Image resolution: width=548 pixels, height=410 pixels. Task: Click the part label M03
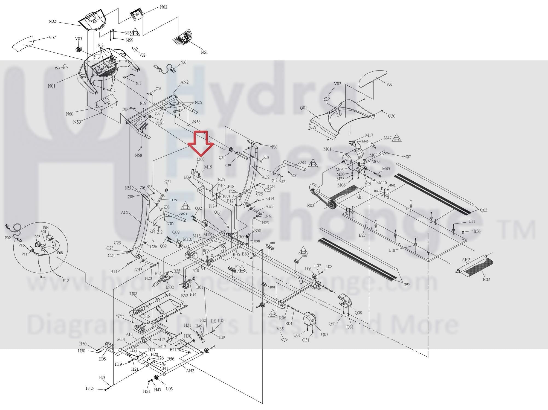point(201,159)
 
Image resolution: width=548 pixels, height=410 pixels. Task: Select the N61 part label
point(204,52)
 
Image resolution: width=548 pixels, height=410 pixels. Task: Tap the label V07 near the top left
point(52,37)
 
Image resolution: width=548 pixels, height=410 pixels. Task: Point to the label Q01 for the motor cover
point(303,108)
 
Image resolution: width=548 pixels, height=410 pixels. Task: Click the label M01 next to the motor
point(327,149)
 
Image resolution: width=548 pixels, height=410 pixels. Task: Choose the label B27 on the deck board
point(362,235)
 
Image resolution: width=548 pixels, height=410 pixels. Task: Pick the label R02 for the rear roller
point(486,280)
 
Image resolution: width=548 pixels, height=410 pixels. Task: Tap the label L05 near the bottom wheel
point(169,389)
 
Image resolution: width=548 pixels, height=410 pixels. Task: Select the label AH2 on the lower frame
point(190,371)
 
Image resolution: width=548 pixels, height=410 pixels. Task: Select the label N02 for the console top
point(52,21)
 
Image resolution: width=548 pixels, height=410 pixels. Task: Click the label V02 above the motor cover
point(337,84)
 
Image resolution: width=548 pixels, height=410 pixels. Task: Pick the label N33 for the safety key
point(183,62)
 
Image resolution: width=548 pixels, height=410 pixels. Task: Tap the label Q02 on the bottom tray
point(134,293)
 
